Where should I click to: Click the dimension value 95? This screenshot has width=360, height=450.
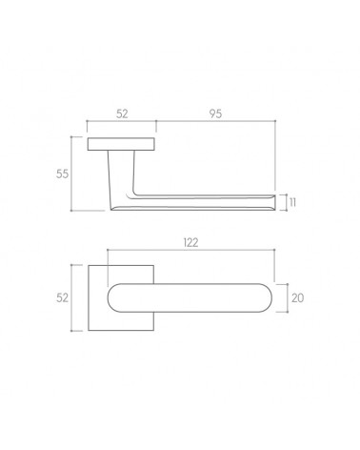tap(215, 113)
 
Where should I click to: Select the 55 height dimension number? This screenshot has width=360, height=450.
tap(62, 174)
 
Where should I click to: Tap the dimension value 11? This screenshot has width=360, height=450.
tap(293, 202)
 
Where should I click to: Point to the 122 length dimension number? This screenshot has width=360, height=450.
tap(190, 243)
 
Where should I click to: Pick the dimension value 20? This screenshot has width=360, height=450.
tap(297, 298)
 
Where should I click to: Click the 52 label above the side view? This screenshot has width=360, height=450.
tap(122, 113)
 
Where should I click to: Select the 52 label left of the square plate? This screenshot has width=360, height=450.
tap(62, 298)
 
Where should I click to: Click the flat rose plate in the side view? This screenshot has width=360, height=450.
tap(122, 144)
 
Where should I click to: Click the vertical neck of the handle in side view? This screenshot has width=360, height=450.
tap(121, 172)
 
